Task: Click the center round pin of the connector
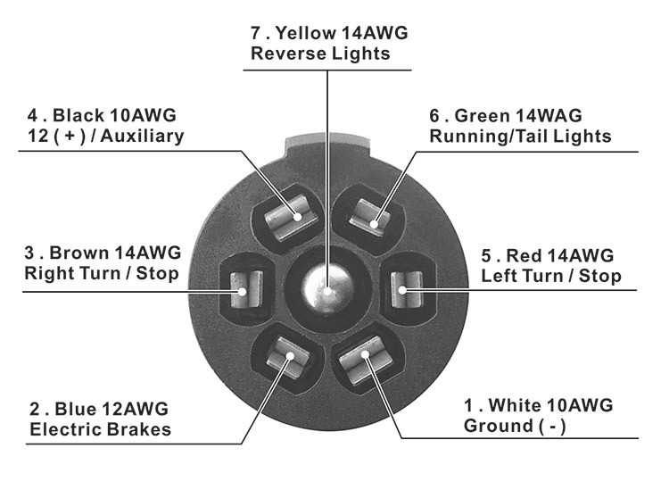click(x=326, y=286)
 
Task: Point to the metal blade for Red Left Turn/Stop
click(x=408, y=287)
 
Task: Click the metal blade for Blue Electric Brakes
click(x=288, y=358)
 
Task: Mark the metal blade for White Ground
click(x=365, y=359)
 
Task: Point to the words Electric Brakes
click(x=100, y=430)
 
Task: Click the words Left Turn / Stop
click(x=551, y=275)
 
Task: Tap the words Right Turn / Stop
click(x=102, y=273)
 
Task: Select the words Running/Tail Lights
click(x=520, y=137)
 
